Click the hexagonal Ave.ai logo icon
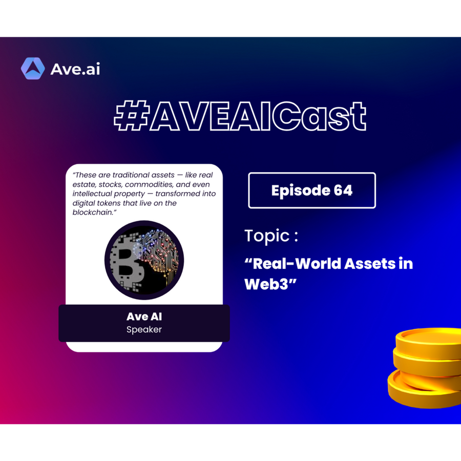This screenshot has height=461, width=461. point(33,69)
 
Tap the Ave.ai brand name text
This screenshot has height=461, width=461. point(75,69)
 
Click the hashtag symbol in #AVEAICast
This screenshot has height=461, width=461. point(131,115)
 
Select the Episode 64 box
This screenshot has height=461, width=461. point(312,191)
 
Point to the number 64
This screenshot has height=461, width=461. point(343,191)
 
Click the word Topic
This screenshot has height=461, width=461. point(267,236)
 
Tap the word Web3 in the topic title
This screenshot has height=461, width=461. point(266,284)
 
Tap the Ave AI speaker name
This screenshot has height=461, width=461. point(144,317)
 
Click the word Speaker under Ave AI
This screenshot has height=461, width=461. point(144,329)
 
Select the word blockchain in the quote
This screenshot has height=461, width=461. point(92,212)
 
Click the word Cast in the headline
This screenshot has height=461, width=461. point(319,116)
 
